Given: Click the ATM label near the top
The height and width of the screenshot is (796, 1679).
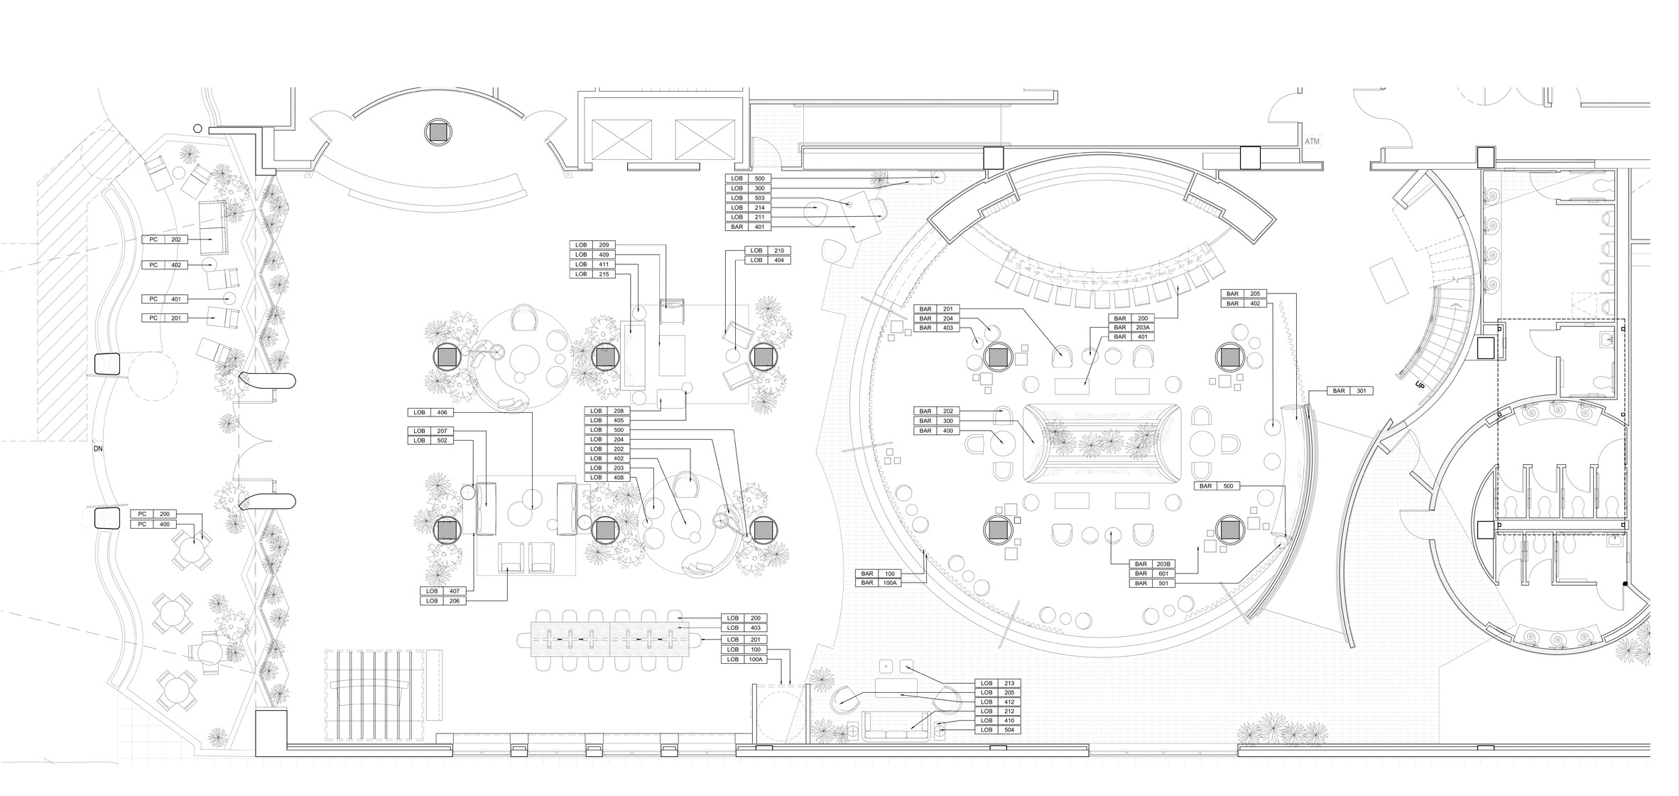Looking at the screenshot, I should click(x=1312, y=142).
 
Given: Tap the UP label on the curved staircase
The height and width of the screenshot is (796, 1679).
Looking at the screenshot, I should click(x=1420, y=384).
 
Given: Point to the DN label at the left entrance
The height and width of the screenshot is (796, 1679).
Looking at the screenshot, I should click(x=98, y=448).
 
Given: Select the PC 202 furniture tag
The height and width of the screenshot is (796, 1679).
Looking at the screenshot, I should click(x=165, y=240).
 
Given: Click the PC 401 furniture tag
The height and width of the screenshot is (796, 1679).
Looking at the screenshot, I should click(x=165, y=299).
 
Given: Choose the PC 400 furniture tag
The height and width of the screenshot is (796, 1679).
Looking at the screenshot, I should click(x=153, y=525).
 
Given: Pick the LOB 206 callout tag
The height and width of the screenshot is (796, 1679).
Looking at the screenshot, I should click(x=444, y=601).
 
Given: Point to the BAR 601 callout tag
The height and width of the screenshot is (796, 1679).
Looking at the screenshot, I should click(x=1152, y=574).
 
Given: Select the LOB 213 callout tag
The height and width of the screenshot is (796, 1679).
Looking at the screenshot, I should click(x=998, y=683).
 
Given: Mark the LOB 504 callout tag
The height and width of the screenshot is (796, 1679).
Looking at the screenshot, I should click(x=998, y=730).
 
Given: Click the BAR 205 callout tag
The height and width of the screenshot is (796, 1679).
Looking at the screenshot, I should click(x=1244, y=294).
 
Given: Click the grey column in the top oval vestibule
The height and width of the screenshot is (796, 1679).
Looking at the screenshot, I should click(x=438, y=132).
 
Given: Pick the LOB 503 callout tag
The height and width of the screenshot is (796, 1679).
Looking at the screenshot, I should click(x=748, y=198).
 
